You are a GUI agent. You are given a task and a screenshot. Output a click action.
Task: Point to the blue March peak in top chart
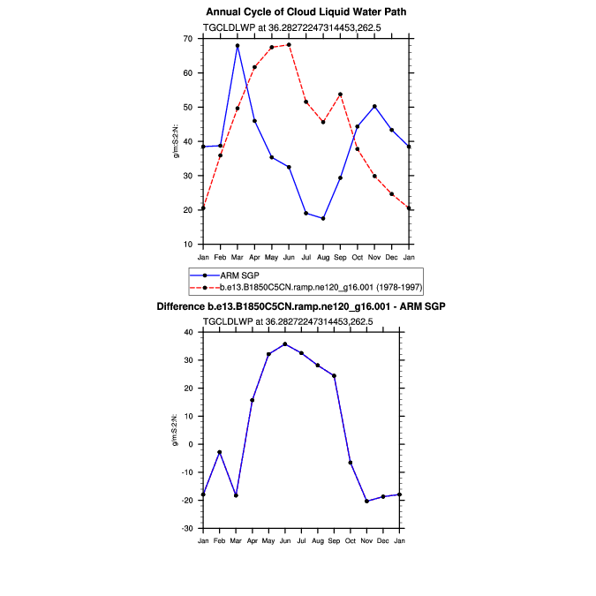pyautogui.click(x=238, y=45)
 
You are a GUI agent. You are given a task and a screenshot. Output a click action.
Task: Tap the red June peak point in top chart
pyautogui.click(x=289, y=44)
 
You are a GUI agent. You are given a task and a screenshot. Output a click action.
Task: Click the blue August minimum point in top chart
pyautogui.click(x=323, y=218)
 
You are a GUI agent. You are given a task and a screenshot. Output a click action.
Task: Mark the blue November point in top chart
pyautogui.click(x=374, y=106)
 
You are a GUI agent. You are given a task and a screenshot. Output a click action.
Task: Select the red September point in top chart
pyautogui.click(x=340, y=94)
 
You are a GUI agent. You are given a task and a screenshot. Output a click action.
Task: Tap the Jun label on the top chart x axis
pyautogui.click(x=289, y=257)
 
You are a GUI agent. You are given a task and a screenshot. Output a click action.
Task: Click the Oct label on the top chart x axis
pyautogui.click(x=358, y=257)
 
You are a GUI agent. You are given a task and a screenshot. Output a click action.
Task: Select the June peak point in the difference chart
pyautogui.click(x=284, y=344)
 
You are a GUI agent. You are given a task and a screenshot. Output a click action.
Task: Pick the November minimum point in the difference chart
pyautogui.click(x=366, y=501)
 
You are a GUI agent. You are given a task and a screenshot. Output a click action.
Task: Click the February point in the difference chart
pyautogui.click(x=219, y=452)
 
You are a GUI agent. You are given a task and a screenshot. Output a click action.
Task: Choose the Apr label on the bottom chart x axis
pyautogui.click(x=252, y=539)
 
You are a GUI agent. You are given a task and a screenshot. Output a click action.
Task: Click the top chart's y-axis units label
pyautogui.click(x=176, y=141)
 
